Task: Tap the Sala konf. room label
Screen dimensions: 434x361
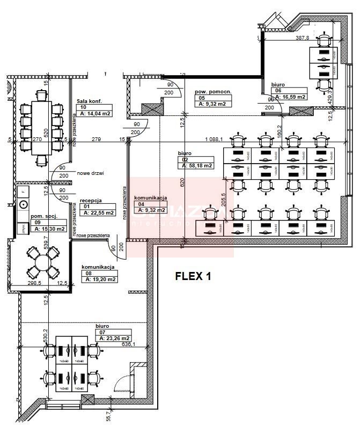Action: [x=89, y=101]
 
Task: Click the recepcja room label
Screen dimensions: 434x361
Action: [x=91, y=201]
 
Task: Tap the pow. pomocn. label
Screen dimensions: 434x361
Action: [x=212, y=92]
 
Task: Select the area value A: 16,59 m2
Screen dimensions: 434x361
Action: [x=290, y=97]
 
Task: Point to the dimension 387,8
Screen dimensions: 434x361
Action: [x=305, y=38]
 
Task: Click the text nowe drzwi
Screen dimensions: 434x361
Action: [x=90, y=174]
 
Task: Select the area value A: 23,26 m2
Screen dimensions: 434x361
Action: [x=114, y=338]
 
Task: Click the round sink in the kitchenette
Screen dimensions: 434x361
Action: [x=24, y=204]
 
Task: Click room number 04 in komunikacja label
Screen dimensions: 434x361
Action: [x=141, y=204]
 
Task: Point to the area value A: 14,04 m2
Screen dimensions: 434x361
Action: [x=95, y=114]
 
